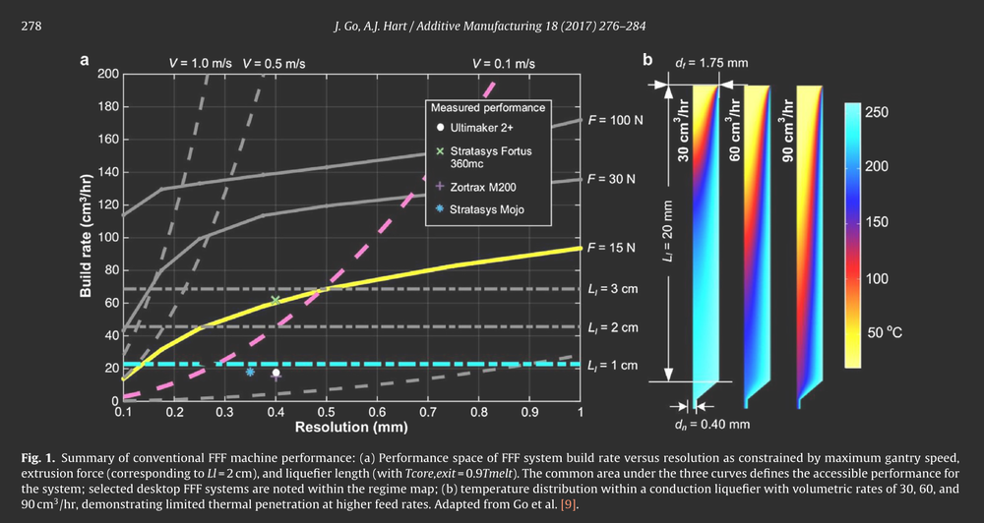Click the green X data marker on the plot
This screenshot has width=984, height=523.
pos(276,300)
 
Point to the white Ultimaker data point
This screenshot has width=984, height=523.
pos(276,373)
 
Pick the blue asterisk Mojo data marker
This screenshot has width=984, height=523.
pos(250,372)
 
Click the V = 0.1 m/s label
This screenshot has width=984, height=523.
pos(504,63)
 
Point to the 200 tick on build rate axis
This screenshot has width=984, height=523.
pos(106,74)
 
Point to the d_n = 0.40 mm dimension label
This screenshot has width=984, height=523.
pos(712,426)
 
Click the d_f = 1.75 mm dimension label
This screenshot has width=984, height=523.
pos(712,63)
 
